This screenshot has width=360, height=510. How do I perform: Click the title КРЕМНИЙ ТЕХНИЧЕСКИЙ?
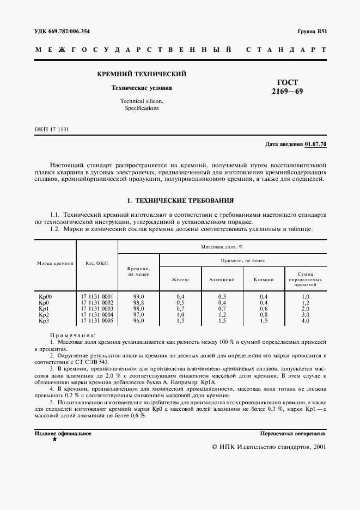142,74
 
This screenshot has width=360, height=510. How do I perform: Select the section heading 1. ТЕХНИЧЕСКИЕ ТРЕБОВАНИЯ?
180,200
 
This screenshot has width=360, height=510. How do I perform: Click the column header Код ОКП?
97,263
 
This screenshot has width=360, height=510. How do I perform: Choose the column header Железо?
180,280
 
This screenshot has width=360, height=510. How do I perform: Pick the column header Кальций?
264,280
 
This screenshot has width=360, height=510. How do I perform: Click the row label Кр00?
45,296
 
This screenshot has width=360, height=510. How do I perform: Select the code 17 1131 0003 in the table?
97,308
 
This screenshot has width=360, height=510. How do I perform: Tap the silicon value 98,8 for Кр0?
138,302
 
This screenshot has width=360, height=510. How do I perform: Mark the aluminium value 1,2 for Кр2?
222,314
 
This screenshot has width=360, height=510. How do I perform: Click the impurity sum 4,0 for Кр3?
305,320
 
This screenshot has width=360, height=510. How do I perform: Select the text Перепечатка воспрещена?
292,434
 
